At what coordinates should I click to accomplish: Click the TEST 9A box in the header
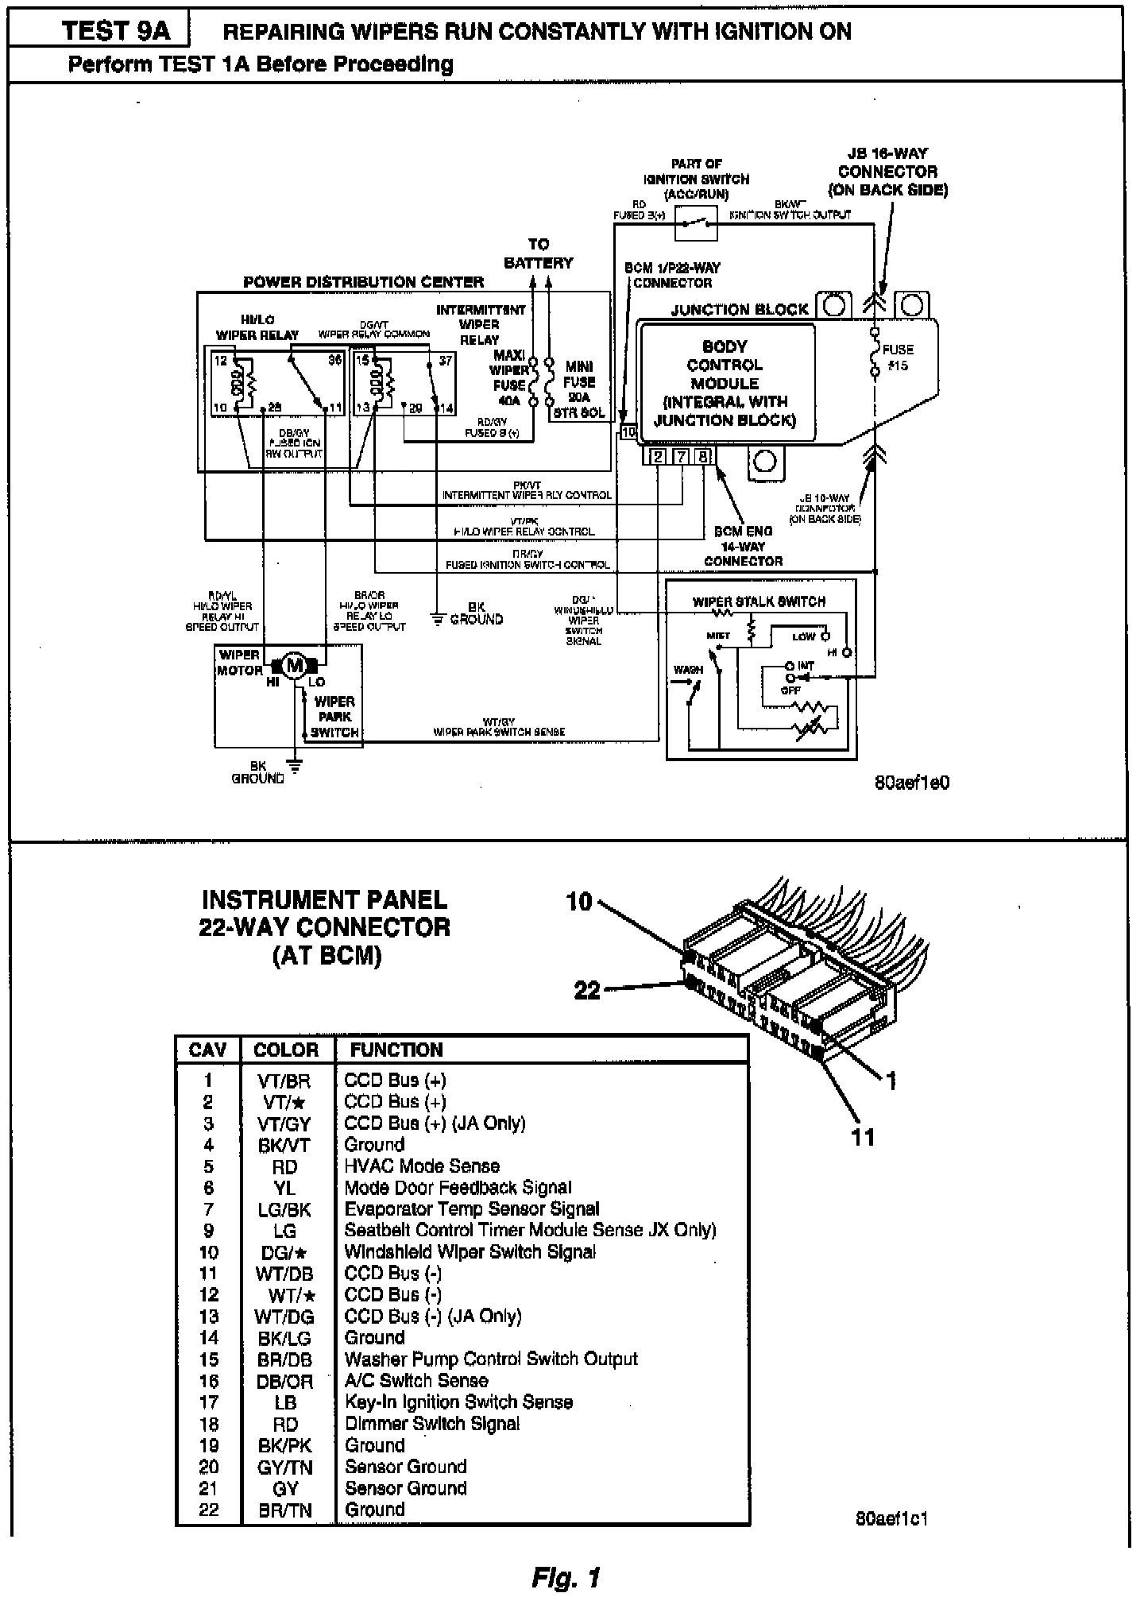[x=116, y=31]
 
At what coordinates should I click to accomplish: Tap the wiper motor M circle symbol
[x=295, y=665]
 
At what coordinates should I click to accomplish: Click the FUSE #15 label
[x=898, y=358]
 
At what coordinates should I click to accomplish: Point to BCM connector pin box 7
[x=682, y=456]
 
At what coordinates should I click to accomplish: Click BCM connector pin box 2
[x=659, y=456]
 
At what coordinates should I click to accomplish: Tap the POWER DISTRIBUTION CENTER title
[x=363, y=282]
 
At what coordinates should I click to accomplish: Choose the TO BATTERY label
[x=539, y=253]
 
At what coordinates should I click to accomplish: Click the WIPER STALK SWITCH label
[x=759, y=601]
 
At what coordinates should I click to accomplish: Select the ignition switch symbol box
[x=696, y=223]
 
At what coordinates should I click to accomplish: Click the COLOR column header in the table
[x=286, y=1050]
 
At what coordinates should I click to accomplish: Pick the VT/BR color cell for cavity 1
[x=284, y=1081]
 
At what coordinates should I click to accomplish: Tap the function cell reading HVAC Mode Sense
[x=422, y=1166]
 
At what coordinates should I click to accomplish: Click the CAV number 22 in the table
[x=208, y=1510]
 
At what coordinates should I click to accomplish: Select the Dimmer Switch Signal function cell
[x=432, y=1424]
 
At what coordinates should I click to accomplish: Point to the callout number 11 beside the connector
[x=863, y=1137]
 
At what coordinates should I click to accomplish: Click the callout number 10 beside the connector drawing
[x=579, y=902]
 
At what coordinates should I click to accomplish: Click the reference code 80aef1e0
[x=911, y=783]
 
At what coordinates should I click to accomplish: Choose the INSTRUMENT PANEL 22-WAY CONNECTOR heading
[x=325, y=927]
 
